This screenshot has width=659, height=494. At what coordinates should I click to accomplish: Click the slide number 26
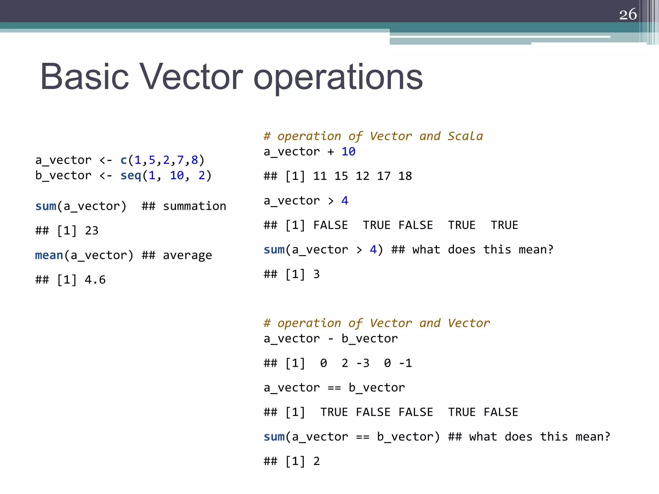pos(628,14)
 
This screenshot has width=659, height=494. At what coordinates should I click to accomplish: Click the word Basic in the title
pos(84,77)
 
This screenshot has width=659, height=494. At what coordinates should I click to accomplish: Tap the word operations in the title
pos(338,78)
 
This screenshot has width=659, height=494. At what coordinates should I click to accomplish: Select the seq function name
pos(131,176)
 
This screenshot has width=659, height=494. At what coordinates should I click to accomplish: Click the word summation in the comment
pos(194,206)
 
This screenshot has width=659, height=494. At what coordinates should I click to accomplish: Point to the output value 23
pos(91,231)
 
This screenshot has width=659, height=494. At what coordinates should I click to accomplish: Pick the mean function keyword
pos(49,255)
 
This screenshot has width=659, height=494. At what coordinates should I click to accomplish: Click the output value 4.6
pos(95,280)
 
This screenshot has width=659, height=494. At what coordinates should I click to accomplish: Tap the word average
pos(187,255)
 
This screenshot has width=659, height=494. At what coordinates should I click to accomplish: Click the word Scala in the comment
pos(465,136)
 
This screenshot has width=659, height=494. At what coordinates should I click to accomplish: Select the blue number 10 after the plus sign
pos(348,151)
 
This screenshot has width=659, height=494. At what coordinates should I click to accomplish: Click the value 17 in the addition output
pos(384,176)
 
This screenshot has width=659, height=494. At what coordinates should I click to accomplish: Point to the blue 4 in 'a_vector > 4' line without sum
pos(345,201)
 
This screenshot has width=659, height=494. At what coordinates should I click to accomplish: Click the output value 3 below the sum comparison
pos(316,274)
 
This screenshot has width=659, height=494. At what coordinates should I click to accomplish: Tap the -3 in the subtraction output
pos(363,363)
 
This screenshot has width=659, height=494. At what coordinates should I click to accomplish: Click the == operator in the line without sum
pos(334,388)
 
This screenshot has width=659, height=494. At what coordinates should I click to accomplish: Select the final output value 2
pos(316,462)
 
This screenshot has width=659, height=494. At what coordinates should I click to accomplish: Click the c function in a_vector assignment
pos(124,160)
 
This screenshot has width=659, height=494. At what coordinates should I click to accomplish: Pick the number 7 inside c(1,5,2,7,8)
pos(180,160)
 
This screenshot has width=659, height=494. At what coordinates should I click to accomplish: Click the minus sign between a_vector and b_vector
pos(330,339)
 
